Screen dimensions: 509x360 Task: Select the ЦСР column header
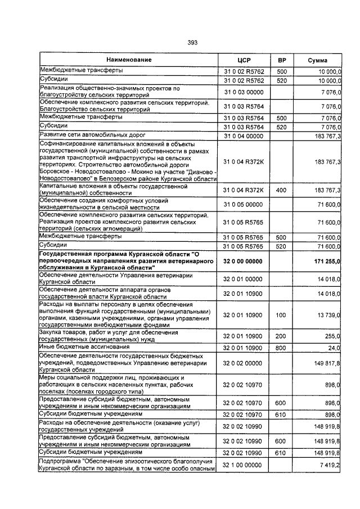(243, 60)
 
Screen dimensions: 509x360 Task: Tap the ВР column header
(282, 60)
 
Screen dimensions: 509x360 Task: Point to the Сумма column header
(317, 60)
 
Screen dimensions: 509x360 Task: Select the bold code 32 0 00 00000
(243, 262)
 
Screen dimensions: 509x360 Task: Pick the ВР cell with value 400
(282, 191)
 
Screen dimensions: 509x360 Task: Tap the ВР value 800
(282, 348)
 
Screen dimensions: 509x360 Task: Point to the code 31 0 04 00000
(243, 136)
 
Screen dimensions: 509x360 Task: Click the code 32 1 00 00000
(243, 466)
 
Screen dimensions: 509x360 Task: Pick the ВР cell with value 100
(282, 316)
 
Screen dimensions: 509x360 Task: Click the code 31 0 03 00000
(243, 92)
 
